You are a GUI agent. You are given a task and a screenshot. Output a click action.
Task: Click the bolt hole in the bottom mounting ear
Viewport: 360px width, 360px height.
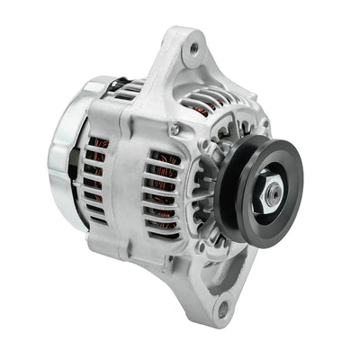pos(221,311)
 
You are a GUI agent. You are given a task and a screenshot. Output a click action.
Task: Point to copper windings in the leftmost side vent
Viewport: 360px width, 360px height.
pos(97,180)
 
